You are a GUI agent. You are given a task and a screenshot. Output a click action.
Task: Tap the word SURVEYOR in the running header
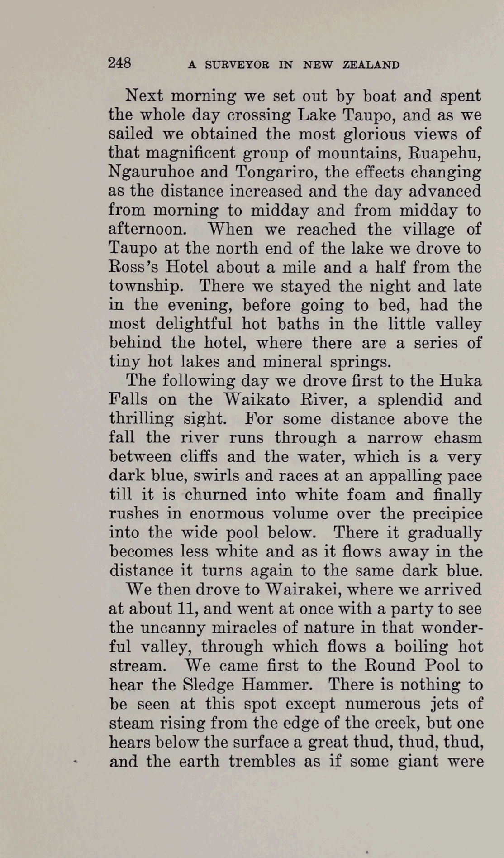click(x=237, y=65)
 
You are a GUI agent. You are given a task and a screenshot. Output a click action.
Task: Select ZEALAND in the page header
click(x=371, y=65)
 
